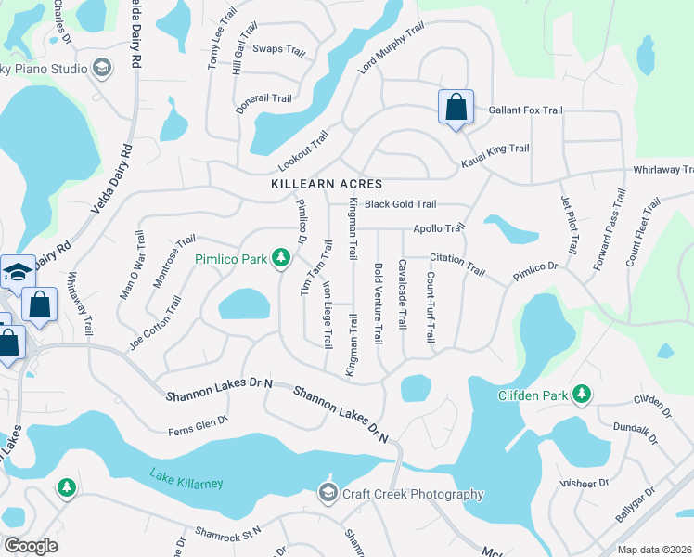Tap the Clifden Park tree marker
click(x=582, y=395)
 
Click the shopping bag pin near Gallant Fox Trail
click(x=456, y=107)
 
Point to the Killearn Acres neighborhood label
click(x=327, y=185)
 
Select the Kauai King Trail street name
click(x=495, y=155)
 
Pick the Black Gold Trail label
click(x=400, y=204)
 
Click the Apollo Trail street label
click(x=438, y=228)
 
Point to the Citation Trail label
click(x=457, y=265)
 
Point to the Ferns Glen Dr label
click(x=198, y=427)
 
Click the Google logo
click(x=31, y=546)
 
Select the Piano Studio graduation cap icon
click(x=102, y=68)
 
